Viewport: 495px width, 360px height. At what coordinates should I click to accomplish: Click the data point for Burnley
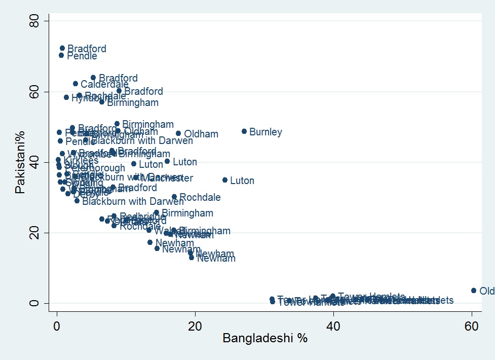pyautogui.click(x=244, y=131)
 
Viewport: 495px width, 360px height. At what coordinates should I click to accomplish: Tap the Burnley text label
pyautogui.click(x=265, y=132)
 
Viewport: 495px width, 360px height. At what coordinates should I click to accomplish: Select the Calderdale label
pyautogui.click(x=104, y=85)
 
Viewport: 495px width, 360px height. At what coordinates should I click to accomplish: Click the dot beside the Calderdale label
pyautogui.click(x=75, y=84)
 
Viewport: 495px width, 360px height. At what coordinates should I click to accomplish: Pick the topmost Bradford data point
pyautogui.click(x=62, y=48)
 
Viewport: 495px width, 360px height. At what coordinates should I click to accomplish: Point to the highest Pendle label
pyautogui.click(x=82, y=56)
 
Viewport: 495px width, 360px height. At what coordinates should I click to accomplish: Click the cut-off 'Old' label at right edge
pyautogui.click(x=486, y=291)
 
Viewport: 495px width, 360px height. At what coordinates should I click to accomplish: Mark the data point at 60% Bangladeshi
pyautogui.click(x=474, y=291)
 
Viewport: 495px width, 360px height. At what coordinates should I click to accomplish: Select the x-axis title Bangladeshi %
pyautogui.click(x=265, y=339)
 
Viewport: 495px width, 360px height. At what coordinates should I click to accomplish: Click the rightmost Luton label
pyautogui.click(x=242, y=181)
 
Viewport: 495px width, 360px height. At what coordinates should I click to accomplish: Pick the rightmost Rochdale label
pyautogui.click(x=200, y=198)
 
